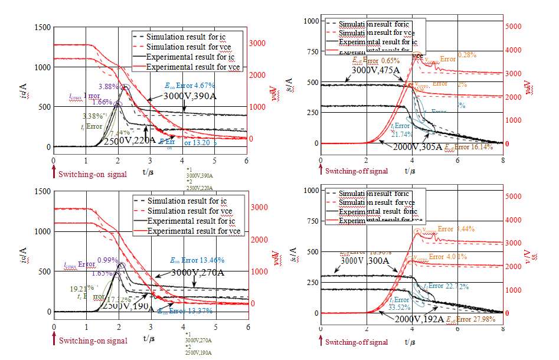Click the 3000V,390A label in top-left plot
pyautogui.click(x=188, y=96)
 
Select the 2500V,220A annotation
pyautogui.click(x=129, y=140)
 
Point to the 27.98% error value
pyautogui.click(x=488, y=319)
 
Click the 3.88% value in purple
pyautogui.click(x=108, y=86)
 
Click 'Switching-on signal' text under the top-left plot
pyautogui.click(x=91, y=174)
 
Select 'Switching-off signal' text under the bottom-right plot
pyautogui.click(x=357, y=342)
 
